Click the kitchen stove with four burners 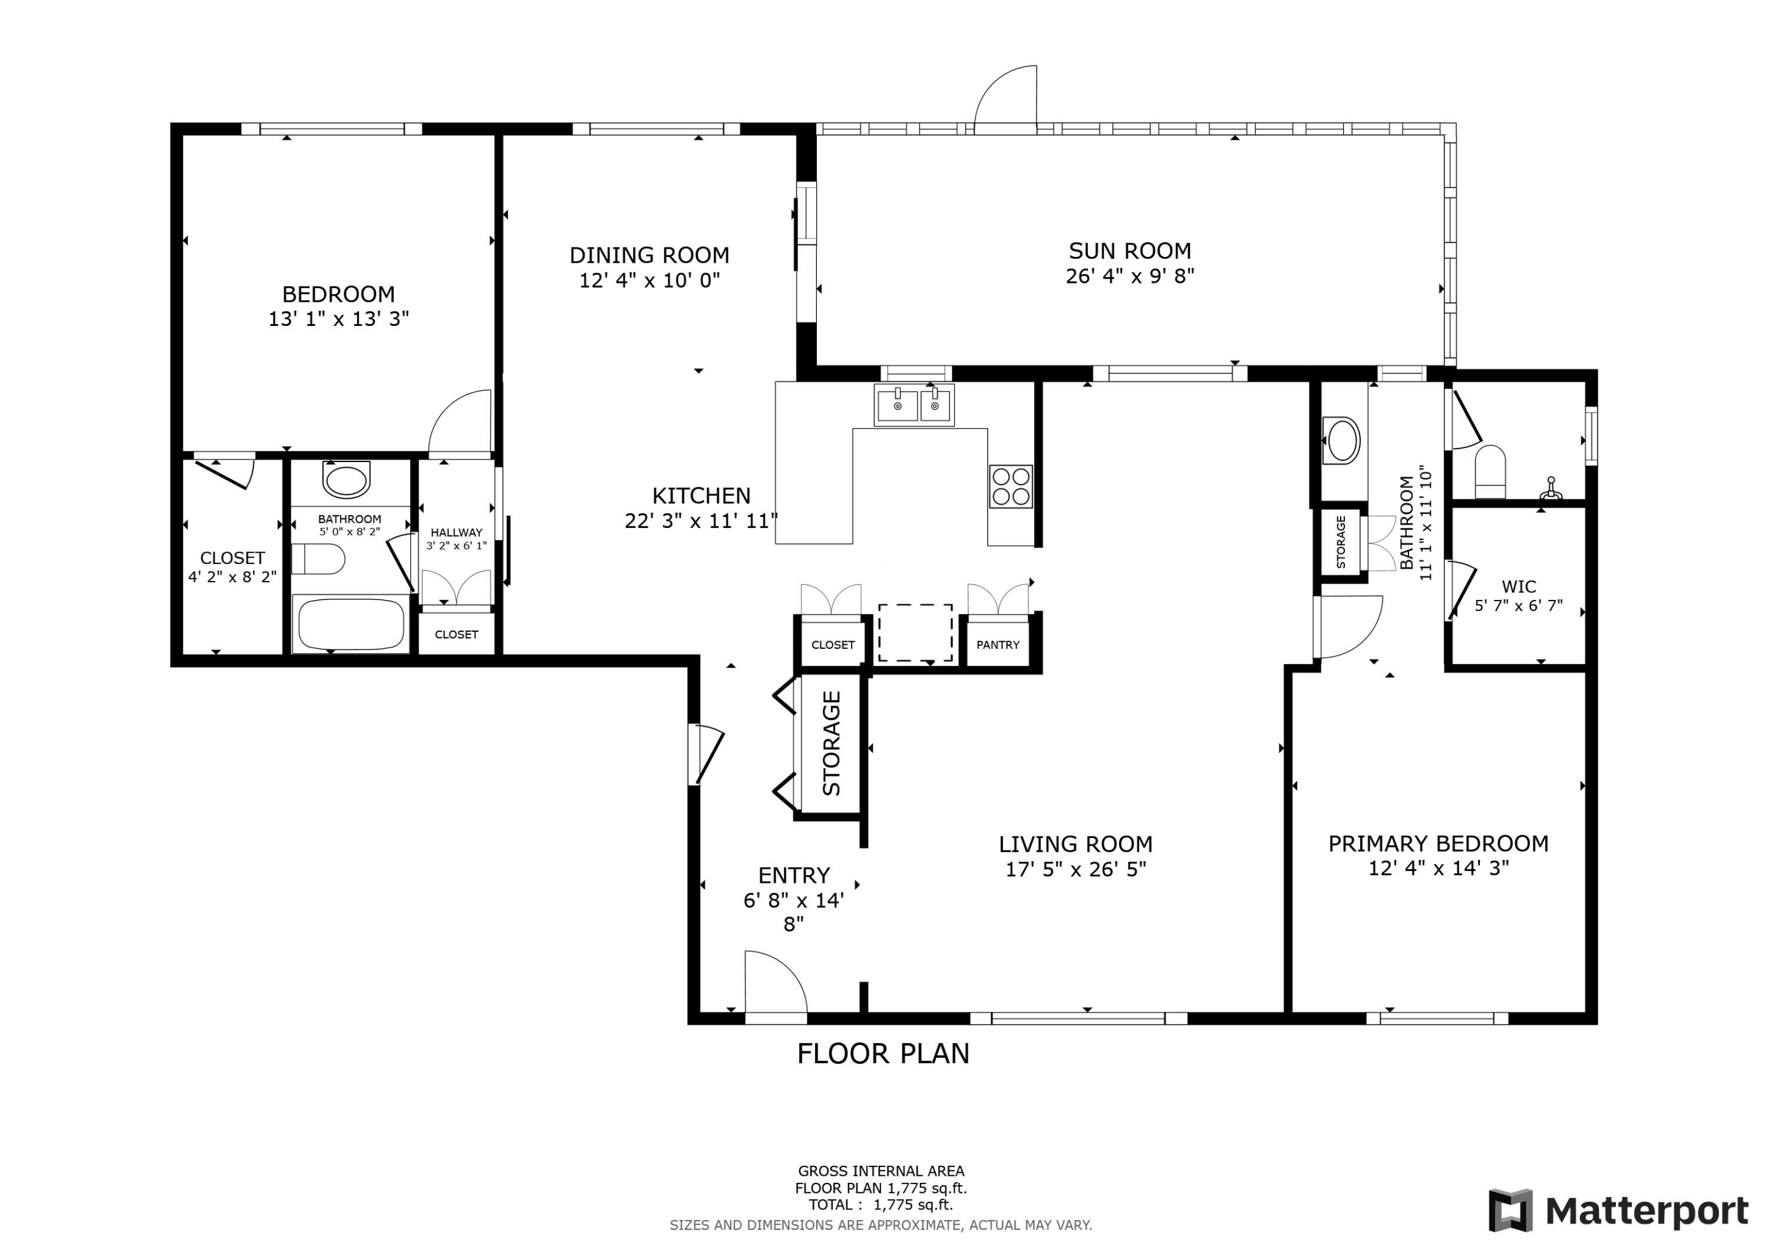click(x=1010, y=487)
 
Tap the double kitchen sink click(x=914, y=405)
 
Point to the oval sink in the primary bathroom click(x=1341, y=441)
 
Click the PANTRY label click(x=997, y=645)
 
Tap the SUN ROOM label click(x=1130, y=251)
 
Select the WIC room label click(x=1519, y=587)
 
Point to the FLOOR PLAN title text click(x=883, y=1054)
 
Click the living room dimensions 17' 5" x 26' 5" click(x=1076, y=869)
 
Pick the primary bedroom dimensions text click(x=1439, y=868)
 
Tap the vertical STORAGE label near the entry click(x=832, y=743)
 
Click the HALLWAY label click(x=457, y=532)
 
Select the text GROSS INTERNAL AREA click(x=881, y=1172)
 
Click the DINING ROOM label click(x=649, y=255)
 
